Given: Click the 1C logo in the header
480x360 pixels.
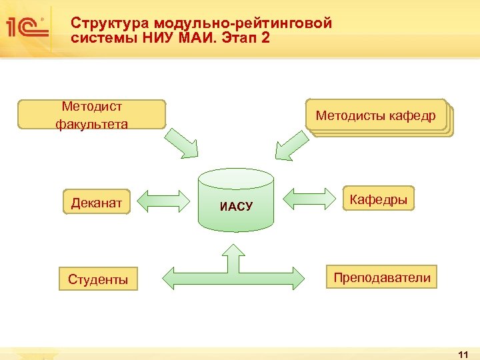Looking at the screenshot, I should (x=27, y=27).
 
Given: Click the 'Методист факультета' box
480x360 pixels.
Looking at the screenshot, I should (x=91, y=115).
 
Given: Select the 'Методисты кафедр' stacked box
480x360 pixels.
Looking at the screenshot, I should (x=376, y=116).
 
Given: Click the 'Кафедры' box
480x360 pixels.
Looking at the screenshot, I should (x=379, y=199).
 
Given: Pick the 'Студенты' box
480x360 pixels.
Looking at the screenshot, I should (x=98, y=279).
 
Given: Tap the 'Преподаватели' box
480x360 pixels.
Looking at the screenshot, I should (x=382, y=277).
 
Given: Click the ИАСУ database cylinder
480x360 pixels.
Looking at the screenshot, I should (x=236, y=200).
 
